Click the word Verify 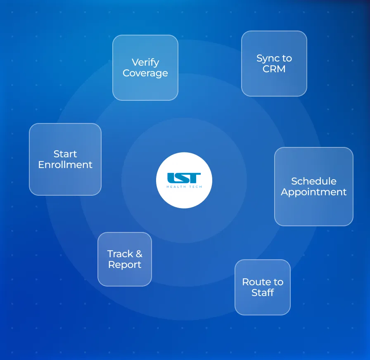tap(145, 63)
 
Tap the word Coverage tap(145, 73)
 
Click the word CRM tap(274, 69)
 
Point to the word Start tap(65, 154)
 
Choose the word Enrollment tap(65, 165)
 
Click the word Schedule tap(314, 181)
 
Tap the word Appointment tap(313, 192)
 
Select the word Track tap(120, 254)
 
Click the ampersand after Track tap(139, 254)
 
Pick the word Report tap(125, 265)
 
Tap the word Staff tap(263, 293)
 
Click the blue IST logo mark tap(184, 178)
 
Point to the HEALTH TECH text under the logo tap(184, 187)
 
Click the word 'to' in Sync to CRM tap(287, 59)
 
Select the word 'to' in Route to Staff tap(278, 282)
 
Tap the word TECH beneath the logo tap(196, 187)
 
